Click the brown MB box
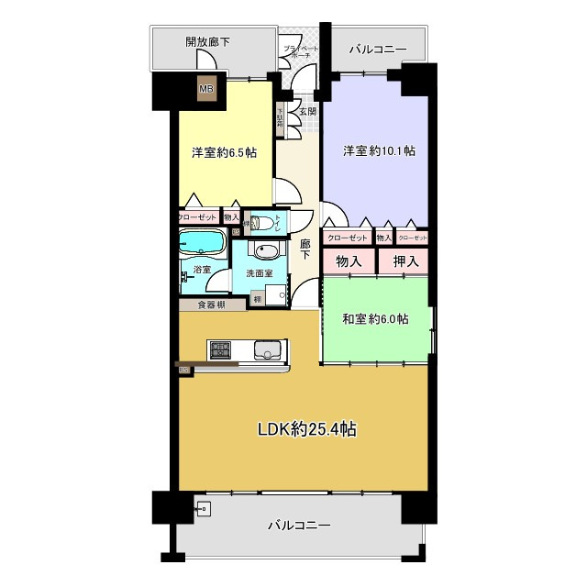tap(208, 89)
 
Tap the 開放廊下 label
tap(206, 41)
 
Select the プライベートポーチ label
tap(300, 51)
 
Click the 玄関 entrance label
tap(307, 112)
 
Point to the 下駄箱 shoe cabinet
tap(280, 120)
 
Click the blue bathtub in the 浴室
tap(202, 244)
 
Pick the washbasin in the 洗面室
tap(267, 253)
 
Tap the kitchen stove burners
tap(221, 349)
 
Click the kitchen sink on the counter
tap(267, 349)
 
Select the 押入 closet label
tap(405, 261)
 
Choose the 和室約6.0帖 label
tap(376, 318)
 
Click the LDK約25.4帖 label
tap(306, 428)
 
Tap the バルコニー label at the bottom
tap(299, 526)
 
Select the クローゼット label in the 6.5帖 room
tap(198, 217)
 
